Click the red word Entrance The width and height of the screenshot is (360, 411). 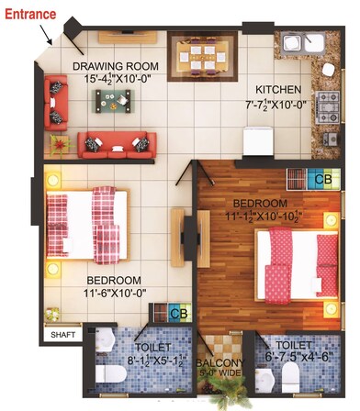[31, 14]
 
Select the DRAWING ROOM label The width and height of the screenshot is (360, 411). [116, 67]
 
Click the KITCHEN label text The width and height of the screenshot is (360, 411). [278, 89]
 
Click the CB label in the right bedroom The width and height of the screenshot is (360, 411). [322, 180]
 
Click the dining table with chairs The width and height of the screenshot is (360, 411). [207, 59]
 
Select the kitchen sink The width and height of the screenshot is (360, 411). [297, 43]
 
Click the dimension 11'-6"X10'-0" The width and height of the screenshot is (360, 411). [115, 294]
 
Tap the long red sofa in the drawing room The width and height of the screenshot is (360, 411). [118, 142]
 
